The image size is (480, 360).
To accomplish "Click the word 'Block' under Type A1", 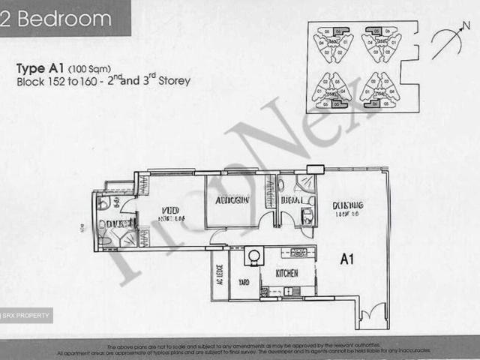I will click(x=29, y=81).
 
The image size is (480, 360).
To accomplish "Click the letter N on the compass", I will click(x=466, y=27).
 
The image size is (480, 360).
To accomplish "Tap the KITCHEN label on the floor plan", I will click(x=288, y=274).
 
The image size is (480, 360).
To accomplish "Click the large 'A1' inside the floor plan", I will click(x=346, y=260).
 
